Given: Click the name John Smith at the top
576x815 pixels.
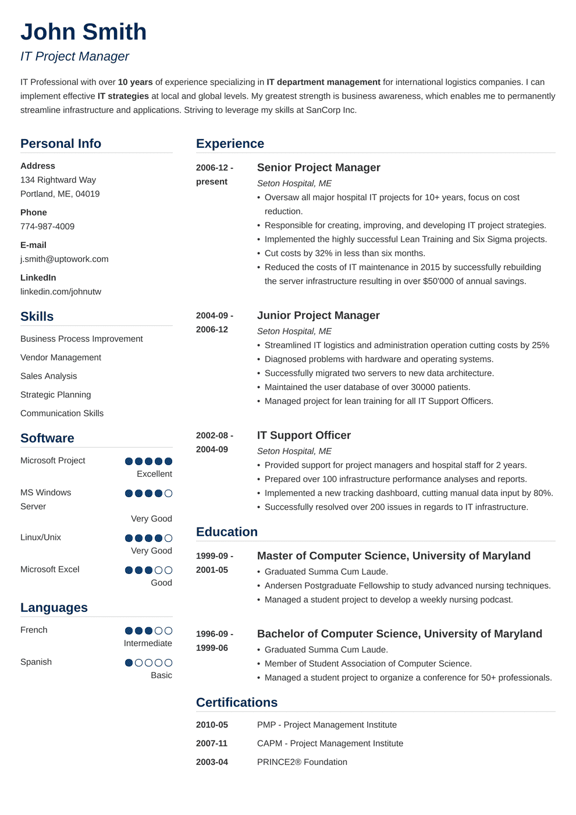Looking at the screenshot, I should [x=83, y=32].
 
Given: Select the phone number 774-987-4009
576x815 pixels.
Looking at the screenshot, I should [x=47, y=226].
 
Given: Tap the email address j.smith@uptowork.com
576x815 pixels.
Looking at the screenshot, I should [x=64, y=259].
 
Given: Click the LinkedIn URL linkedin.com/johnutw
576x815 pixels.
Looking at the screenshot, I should [x=61, y=292].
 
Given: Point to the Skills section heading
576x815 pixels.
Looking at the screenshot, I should [x=37, y=317].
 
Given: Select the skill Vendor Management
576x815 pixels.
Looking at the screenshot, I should [x=61, y=357].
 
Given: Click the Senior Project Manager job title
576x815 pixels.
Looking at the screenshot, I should [x=318, y=168].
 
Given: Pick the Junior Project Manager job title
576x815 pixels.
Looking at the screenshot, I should [x=318, y=316].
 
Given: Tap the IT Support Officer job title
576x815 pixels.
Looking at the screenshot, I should [x=304, y=435].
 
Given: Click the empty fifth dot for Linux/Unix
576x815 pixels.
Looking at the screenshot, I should [x=168, y=538].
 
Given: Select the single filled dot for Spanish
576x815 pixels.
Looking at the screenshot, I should [x=129, y=663].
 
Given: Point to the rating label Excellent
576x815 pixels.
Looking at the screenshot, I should [x=154, y=474].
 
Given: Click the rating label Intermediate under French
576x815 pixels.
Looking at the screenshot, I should [x=148, y=643].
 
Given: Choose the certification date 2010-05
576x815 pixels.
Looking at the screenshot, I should [x=212, y=725].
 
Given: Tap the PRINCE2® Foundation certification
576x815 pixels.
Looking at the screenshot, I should [x=302, y=762].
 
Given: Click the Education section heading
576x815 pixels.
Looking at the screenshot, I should [x=226, y=532].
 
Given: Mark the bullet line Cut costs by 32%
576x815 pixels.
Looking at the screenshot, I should [x=344, y=253].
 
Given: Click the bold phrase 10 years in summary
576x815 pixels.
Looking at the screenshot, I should [x=135, y=82].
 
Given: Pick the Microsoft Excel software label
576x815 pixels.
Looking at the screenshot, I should [x=49, y=569].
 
